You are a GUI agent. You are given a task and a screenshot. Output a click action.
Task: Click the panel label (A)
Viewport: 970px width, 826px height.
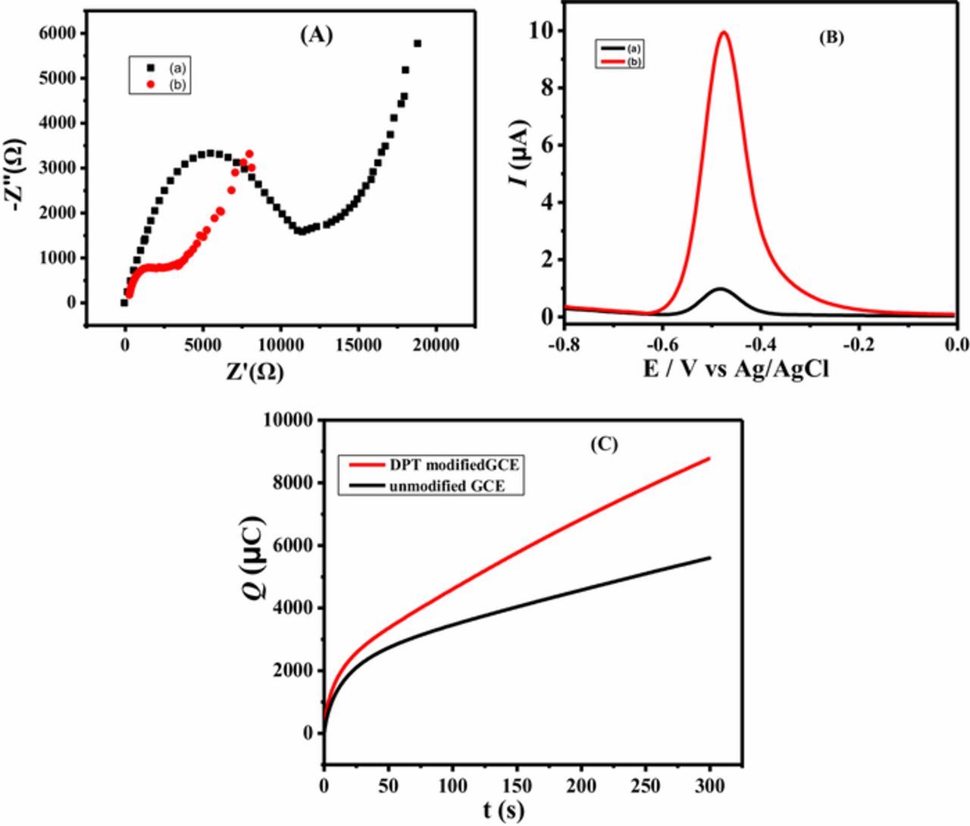316,35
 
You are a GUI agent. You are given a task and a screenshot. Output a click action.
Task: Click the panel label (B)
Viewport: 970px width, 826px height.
831,38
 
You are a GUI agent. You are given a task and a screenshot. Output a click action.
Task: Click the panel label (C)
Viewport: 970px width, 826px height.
604,445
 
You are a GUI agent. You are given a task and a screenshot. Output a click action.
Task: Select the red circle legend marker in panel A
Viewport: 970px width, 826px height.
150,84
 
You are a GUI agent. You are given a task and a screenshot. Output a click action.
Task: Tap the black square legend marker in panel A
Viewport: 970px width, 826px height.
150,67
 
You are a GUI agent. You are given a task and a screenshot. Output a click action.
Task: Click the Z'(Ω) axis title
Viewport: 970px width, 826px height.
254,372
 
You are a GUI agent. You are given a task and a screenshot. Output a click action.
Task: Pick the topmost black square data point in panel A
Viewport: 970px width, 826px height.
418,43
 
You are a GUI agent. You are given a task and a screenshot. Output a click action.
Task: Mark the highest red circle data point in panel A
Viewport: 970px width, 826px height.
249,154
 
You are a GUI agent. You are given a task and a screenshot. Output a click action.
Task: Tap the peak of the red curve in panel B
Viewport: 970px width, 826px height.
724,32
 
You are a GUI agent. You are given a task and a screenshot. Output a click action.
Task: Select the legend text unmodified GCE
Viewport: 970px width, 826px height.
458,487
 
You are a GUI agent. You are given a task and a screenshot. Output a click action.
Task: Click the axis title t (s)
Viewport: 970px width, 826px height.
504,809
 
